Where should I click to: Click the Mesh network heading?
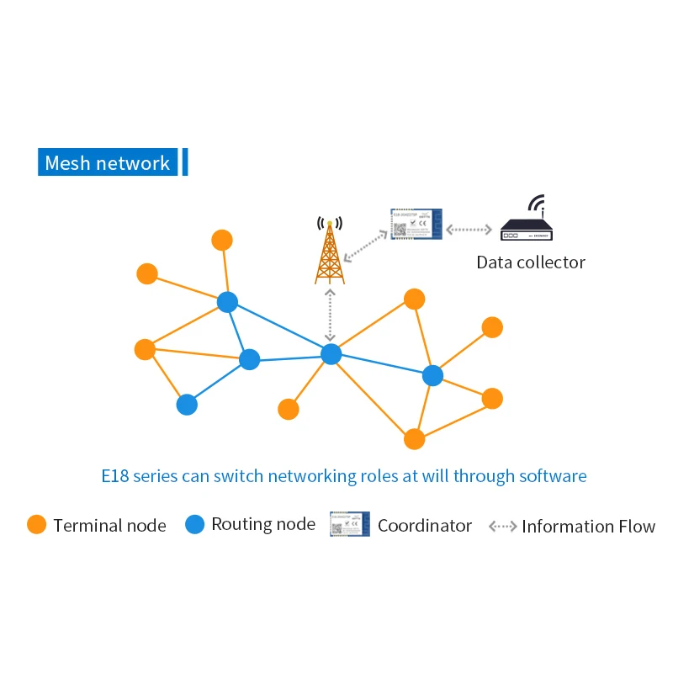107,163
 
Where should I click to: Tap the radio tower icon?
330,251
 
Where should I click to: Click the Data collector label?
530,262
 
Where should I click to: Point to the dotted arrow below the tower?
331,315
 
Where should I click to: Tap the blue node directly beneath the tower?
331,354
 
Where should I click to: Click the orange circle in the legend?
36,525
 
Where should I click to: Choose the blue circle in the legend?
194,525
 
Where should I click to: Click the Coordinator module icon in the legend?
349,525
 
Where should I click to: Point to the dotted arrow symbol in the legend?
502,527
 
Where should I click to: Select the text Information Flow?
588,527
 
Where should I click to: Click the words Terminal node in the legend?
109,526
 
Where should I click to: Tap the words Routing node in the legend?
263,525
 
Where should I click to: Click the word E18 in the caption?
116,476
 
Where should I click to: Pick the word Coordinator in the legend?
425,526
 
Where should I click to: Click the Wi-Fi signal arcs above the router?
535,204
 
